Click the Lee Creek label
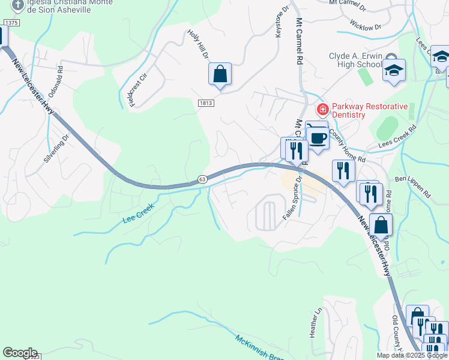pyautogui.click(x=139, y=213)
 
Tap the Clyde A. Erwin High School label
pyautogui.click(x=355, y=61)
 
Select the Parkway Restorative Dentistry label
pyautogui.click(x=368, y=110)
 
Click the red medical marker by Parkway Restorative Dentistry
pyautogui.click(x=322, y=109)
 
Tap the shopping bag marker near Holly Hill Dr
pyautogui.click(x=220, y=74)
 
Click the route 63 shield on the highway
pyautogui.click(x=202, y=179)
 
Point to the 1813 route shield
pyautogui.click(x=205, y=103)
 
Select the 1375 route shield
pyautogui.click(x=10, y=22)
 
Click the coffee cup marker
pyautogui.click(x=318, y=139)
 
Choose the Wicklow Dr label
pyautogui.click(x=366, y=27)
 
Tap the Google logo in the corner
pyautogui.click(x=20, y=353)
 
